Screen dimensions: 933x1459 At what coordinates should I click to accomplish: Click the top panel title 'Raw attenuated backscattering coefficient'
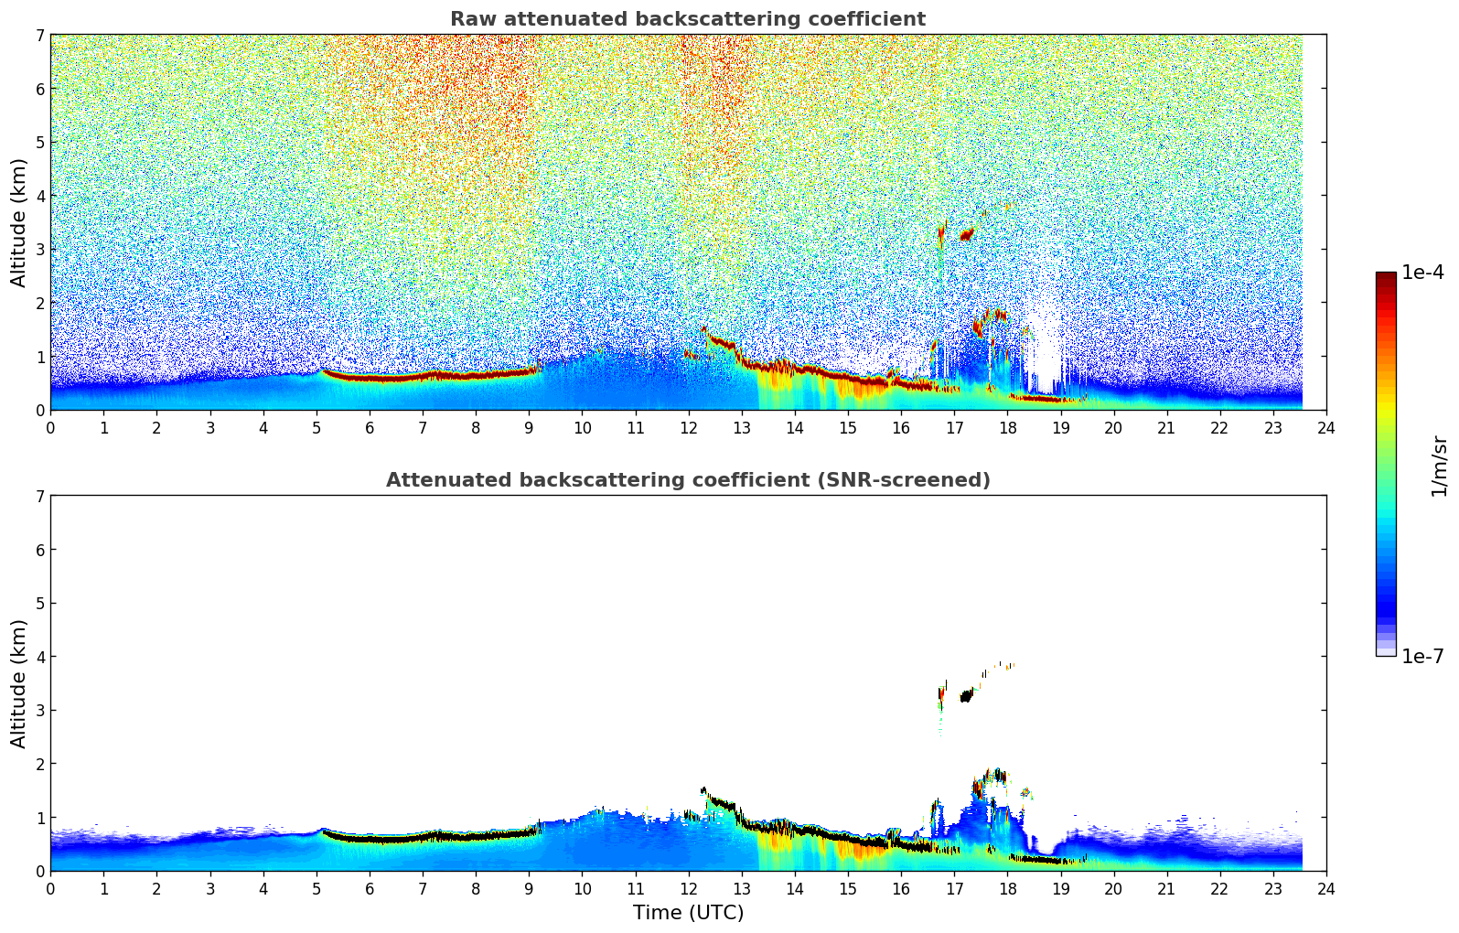687,19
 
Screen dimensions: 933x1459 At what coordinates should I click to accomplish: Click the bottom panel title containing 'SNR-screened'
687,480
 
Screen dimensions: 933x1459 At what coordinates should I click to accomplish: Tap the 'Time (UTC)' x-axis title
688,912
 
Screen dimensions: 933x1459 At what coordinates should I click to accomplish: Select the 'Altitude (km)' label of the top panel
19,222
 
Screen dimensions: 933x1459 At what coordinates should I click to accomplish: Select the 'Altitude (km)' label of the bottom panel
19,683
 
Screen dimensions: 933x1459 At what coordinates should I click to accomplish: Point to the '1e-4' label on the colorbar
1422,273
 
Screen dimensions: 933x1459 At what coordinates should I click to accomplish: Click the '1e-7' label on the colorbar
1422,656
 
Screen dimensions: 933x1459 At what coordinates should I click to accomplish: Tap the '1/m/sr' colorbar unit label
1439,466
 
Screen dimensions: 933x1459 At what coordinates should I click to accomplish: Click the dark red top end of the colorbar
1386,276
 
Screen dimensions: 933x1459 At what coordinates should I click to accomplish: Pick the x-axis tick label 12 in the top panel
688,427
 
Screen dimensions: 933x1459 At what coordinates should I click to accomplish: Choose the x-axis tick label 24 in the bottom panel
1326,888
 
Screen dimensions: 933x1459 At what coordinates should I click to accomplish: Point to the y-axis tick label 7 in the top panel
40,35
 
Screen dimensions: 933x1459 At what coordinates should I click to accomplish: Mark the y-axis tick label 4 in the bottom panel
40,657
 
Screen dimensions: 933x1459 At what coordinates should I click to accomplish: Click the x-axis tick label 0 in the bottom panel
50,888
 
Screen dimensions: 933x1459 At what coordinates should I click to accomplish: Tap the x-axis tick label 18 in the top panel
1007,427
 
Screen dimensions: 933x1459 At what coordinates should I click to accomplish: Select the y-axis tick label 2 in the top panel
40,303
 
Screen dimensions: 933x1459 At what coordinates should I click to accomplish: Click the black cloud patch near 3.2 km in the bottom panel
966,696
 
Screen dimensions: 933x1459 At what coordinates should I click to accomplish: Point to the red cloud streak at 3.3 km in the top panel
967,234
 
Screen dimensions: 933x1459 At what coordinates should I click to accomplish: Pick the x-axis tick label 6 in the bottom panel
370,888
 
